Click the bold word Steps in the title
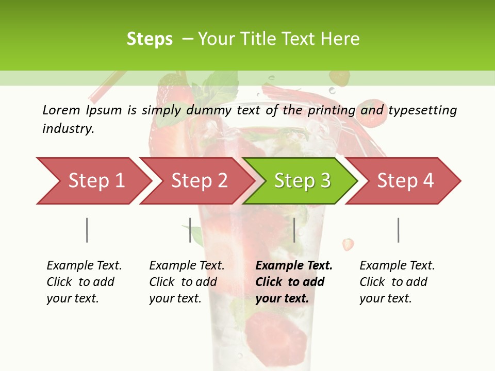click(x=150, y=39)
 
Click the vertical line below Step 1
click(x=87, y=230)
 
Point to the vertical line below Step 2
click(x=190, y=230)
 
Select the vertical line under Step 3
click(x=294, y=230)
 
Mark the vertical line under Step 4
click(x=399, y=230)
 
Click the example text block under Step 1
click(x=84, y=282)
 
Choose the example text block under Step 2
click(x=187, y=282)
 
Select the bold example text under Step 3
click(x=294, y=282)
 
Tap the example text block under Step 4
click(x=397, y=282)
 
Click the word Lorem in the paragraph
click(x=61, y=110)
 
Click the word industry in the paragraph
click(x=68, y=129)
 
